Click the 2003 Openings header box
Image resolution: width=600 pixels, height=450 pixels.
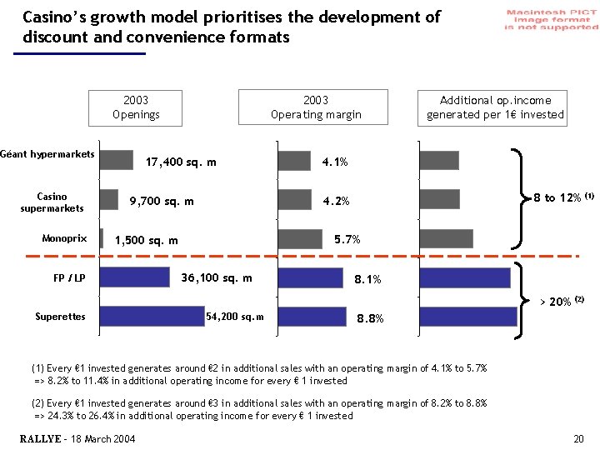coord(136,107)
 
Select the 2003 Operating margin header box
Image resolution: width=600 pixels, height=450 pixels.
coord(316,107)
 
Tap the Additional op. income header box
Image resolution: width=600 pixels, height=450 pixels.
coord(495,107)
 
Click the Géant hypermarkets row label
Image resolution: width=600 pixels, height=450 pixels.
coord(47,154)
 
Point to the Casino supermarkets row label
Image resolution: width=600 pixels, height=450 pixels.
coord(52,202)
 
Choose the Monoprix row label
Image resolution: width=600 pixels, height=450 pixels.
coord(64,239)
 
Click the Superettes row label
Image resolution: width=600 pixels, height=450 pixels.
coord(60,317)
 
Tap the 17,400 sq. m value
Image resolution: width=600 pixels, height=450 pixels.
coord(181,162)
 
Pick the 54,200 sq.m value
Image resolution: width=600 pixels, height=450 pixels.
coord(234,317)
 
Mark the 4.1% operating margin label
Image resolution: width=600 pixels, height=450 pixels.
coord(335,162)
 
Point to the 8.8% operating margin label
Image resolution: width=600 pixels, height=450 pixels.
coord(370,318)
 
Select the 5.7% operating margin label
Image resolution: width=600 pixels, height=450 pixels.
coord(347,240)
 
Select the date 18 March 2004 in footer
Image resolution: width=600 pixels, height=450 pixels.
coord(103,439)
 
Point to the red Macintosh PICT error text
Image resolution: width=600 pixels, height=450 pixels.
coord(551,19)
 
